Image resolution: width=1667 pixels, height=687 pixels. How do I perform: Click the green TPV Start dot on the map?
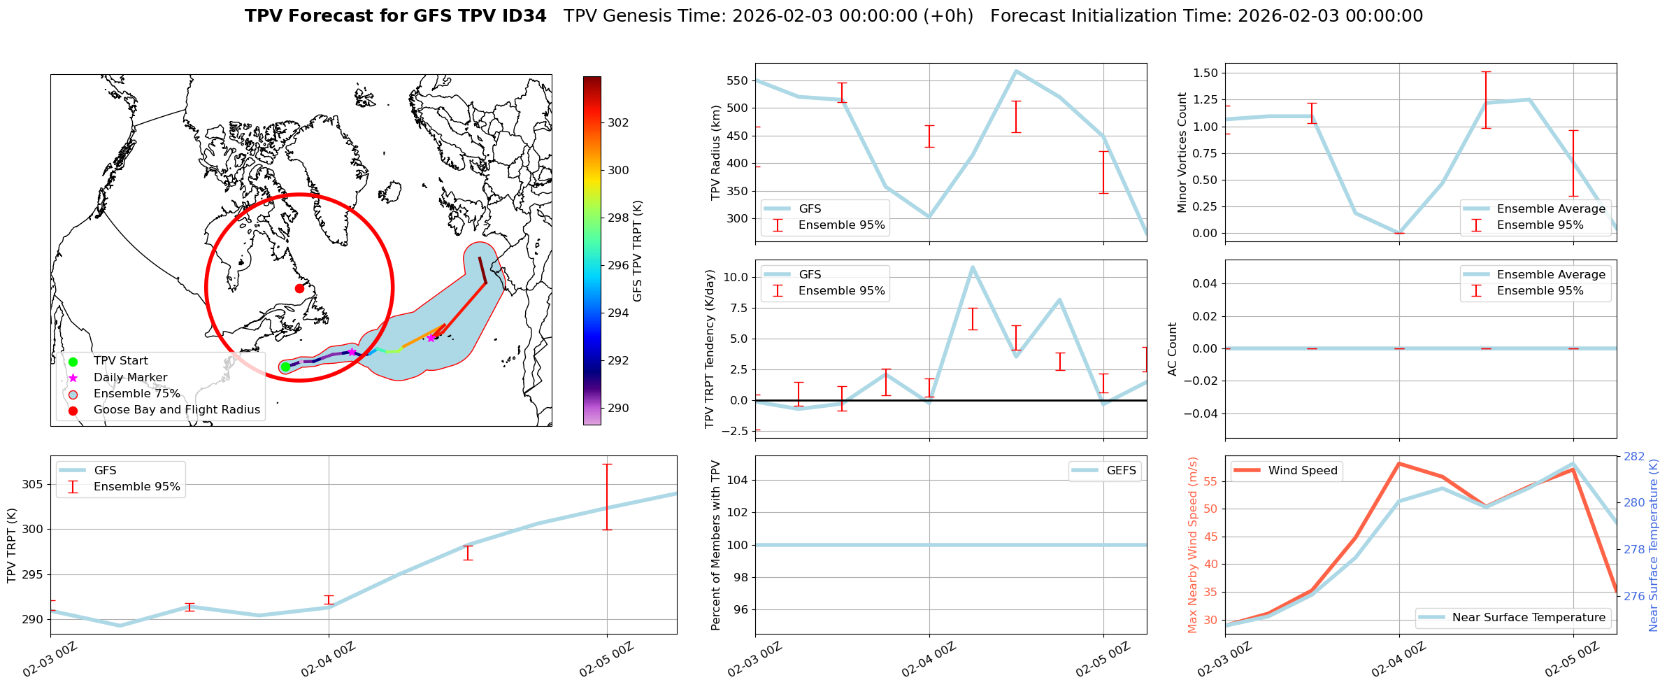point(285,367)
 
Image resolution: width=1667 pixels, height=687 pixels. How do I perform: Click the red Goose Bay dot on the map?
point(299,288)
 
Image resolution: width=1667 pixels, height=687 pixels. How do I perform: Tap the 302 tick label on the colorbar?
point(618,122)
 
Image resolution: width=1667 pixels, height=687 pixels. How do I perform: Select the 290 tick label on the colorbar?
point(618,408)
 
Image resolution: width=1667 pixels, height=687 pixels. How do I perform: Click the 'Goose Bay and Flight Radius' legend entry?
point(176,410)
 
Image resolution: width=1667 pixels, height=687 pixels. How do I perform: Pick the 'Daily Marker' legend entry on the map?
point(130,378)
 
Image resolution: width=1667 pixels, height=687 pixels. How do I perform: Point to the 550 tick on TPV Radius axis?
point(737,80)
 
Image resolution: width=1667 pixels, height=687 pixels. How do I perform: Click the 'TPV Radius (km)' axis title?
point(716,153)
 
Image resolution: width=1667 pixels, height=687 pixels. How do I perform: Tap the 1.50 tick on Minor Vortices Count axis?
point(1203,73)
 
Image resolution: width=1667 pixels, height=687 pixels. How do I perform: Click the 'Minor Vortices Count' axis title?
point(1182,153)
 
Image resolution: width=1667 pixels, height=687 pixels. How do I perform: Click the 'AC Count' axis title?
point(1173,349)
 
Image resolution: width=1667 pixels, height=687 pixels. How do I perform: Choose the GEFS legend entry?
point(1121,471)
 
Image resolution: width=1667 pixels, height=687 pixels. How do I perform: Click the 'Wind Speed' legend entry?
point(1302,471)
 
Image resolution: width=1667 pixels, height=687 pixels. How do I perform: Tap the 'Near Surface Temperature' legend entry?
point(1529,618)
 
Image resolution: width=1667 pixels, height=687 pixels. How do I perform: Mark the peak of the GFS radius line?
point(1016,71)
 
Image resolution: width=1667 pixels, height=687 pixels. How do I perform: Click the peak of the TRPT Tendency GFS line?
point(972,267)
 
